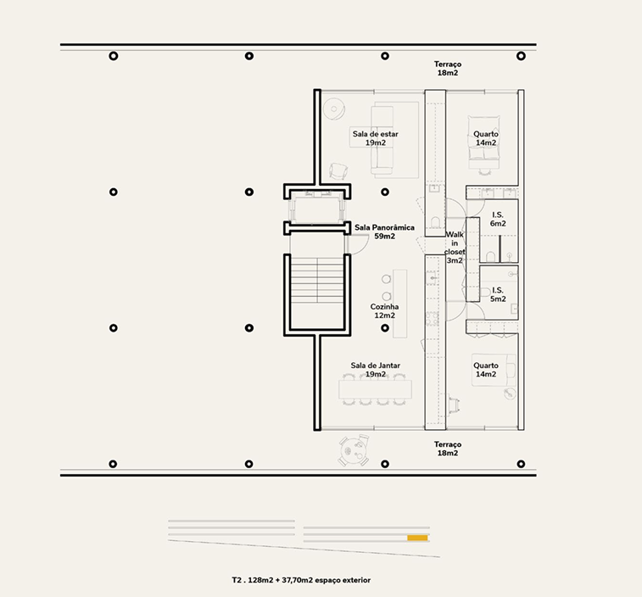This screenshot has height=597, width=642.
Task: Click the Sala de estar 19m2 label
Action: [375, 138]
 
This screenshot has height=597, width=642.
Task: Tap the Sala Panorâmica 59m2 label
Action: [384, 232]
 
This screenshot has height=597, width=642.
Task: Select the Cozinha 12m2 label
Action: [384, 310]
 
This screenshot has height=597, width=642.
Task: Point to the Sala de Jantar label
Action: [375, 365]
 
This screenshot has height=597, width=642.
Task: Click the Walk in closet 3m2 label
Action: [455, 248]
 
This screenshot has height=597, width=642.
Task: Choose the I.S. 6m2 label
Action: [498, 219]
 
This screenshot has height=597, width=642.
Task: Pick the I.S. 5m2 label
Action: [498, 294]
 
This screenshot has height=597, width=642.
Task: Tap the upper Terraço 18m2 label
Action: [448, 69]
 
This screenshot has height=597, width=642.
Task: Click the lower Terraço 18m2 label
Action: [448, 449]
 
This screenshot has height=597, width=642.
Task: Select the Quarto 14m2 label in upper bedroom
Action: [486, 138]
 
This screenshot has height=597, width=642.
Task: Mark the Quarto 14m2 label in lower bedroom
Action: [486, 370]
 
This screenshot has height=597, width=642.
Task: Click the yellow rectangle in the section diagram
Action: [417, 538]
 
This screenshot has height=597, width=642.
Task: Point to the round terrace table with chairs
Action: [354, 450]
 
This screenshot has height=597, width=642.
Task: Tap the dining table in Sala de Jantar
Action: [375, 389]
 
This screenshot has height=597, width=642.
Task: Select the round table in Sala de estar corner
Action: [333, 109]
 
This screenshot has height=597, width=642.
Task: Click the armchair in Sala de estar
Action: [338, 171]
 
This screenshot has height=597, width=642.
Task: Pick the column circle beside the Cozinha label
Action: [385, 328]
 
